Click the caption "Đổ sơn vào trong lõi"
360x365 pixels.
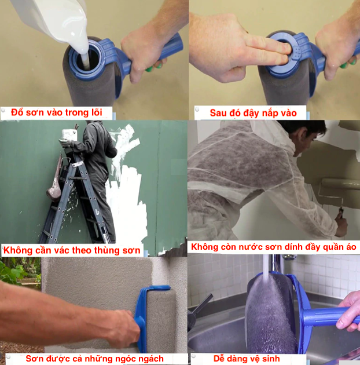click(57, 112)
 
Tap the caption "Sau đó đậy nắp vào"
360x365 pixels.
click(254, 113)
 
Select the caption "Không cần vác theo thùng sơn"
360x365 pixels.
click(72, 250)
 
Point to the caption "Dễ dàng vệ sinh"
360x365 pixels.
click(247, 359)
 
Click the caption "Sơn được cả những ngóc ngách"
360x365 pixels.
click(95, 359)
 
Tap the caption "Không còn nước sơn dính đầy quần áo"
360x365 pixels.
click(274, 247)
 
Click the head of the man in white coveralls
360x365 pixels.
click(307, 137)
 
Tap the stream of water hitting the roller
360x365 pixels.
click(266, 268)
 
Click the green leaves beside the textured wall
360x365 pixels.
click(17, 271)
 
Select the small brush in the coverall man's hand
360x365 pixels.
click(340, 213)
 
